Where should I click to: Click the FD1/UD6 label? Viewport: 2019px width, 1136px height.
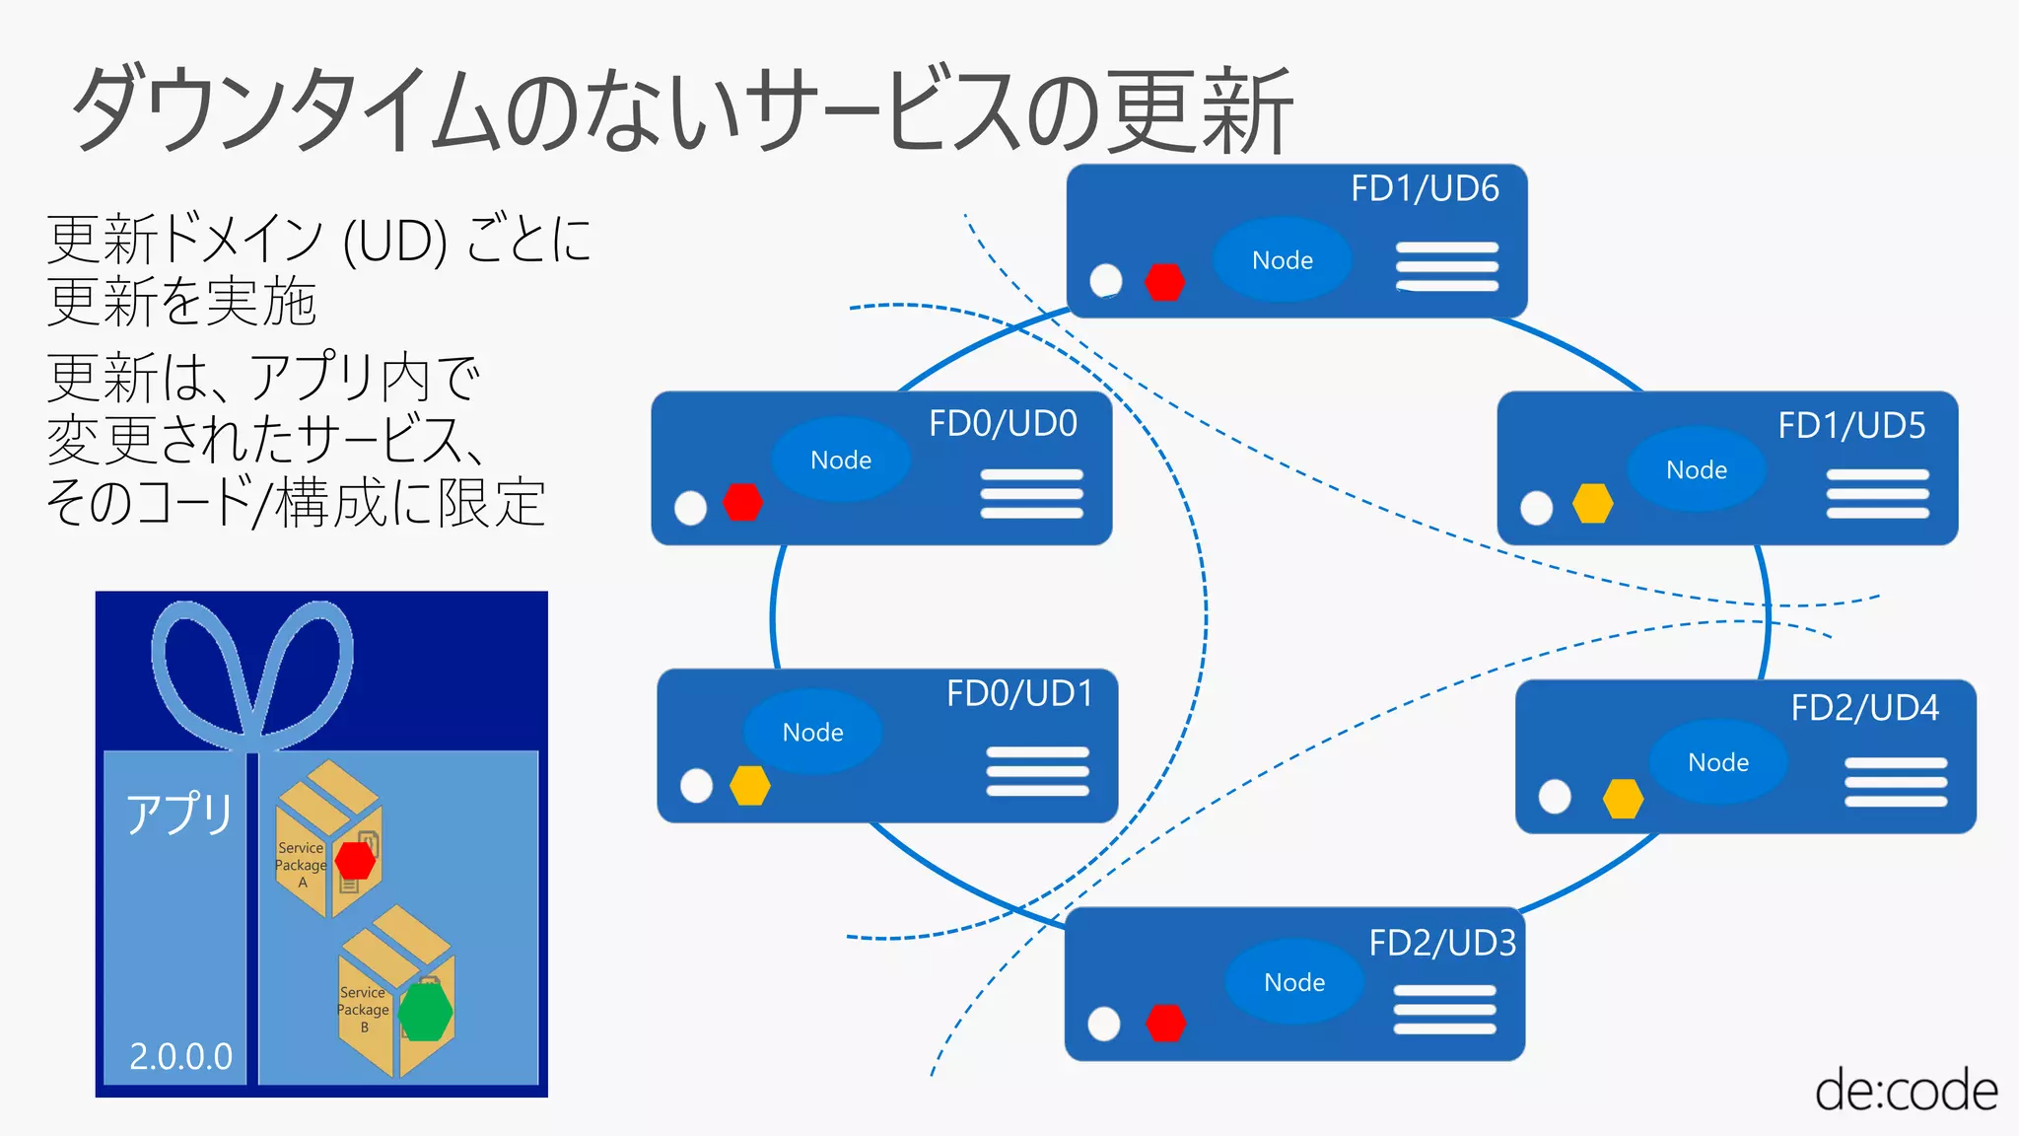(1424, 188)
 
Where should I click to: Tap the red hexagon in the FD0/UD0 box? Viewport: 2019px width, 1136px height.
(742, 502)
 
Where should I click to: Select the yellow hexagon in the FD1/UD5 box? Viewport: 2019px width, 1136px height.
(1592, 503)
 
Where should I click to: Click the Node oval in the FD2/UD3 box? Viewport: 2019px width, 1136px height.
(1293, 982)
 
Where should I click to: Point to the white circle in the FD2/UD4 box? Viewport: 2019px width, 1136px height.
(1555, 796)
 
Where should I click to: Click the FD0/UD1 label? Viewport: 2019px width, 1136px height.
(1019, 693)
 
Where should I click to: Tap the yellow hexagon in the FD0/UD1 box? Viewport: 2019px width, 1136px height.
(749, 786)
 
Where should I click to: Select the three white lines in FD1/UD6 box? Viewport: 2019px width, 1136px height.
(1446, 266)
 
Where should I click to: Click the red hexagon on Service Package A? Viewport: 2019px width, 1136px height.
(355, 860)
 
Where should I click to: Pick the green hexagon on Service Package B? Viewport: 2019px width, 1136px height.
(425, 1012)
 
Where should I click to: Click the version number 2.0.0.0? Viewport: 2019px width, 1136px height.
(180, 1056)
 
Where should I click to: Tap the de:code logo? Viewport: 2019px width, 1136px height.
(1905, 1091)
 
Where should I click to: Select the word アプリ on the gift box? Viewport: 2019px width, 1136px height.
(178, 814)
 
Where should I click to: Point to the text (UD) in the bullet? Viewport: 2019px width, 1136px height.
(394, 241)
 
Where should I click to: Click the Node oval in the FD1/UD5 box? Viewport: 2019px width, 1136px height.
(1696, 469)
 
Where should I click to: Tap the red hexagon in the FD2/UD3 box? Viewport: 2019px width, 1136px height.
(1165, 1024)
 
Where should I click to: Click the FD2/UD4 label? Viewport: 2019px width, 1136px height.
(1863, 708)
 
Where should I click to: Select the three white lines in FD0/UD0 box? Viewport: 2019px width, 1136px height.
(1031, 494)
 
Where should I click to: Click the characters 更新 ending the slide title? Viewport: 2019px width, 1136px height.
(1199, 110)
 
